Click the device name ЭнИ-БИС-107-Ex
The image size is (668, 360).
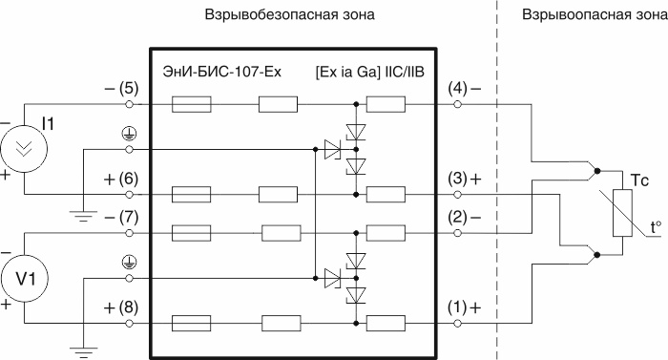(x=216, y=72)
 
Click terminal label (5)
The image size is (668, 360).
(x=129, y=89)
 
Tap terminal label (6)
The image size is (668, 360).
(x=129, y=179)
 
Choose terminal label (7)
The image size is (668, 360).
(x=129, y=218)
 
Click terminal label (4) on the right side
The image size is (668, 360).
(x=457, y=89)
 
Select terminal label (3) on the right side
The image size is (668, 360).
(x=457, y=179)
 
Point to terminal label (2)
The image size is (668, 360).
(x=457, y=218)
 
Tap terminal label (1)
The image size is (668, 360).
(x=457, y=307)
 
